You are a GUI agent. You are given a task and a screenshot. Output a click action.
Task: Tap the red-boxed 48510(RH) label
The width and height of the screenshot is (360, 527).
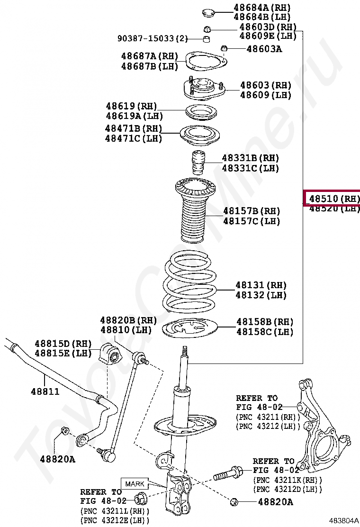pyautogui.click(x=332, y=198)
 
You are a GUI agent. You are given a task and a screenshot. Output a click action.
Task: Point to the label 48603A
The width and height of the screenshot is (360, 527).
pyautogui.click(x=264, y=48)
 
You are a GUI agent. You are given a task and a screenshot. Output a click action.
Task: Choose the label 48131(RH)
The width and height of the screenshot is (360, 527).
pyautogui.click(x=261, y=285)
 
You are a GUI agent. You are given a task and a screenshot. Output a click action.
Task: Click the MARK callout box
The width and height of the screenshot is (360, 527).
pyautogui.click(x=134, y=484)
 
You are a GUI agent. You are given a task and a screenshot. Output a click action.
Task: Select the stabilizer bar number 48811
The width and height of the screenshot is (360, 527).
pyautogui.click(x=45, y=391)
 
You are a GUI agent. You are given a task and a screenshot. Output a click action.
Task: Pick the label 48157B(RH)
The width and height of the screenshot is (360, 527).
pyautogui.click(x=252, y=211)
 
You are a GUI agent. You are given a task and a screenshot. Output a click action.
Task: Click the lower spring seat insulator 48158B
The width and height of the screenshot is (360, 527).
pyautogui.click(x=190, y=329)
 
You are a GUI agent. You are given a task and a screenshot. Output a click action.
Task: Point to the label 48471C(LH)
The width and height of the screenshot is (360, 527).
pyautogui.click(x=134, y=138)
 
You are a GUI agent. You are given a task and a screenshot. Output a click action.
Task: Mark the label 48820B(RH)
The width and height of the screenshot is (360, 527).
pyautogui.click(x=128, y=320)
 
